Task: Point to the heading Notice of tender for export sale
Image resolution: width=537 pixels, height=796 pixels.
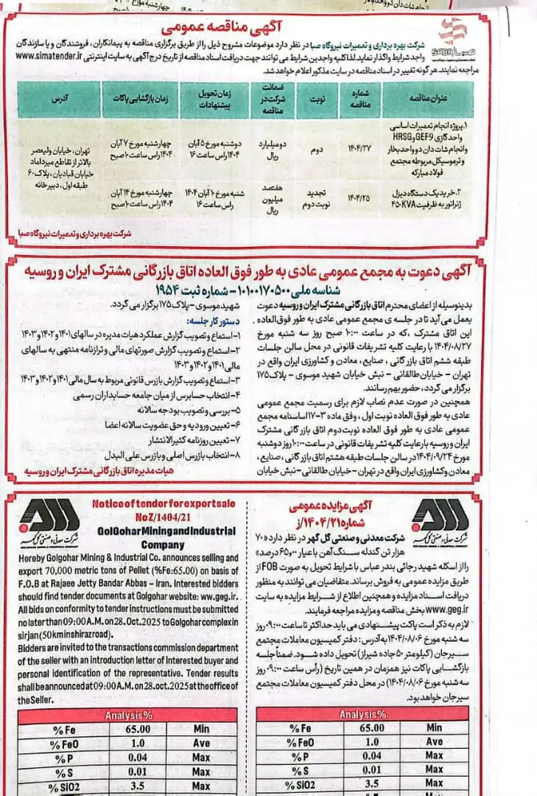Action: click(172, 503)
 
